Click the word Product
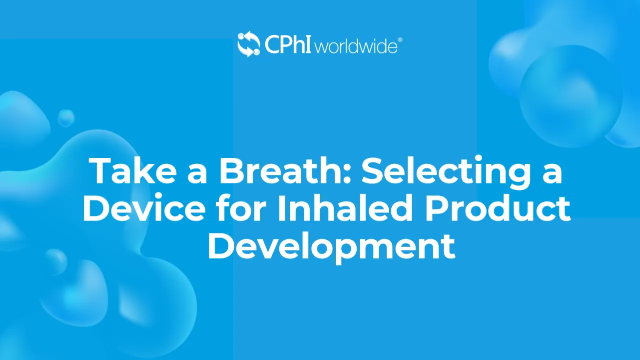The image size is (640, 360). point(498,208)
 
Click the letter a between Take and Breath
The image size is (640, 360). point(197,174)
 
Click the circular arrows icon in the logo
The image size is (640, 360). point(249,44)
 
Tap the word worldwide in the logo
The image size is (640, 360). point(356,46)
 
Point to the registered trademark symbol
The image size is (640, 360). point(400,40)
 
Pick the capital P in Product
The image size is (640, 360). point(436,208)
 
